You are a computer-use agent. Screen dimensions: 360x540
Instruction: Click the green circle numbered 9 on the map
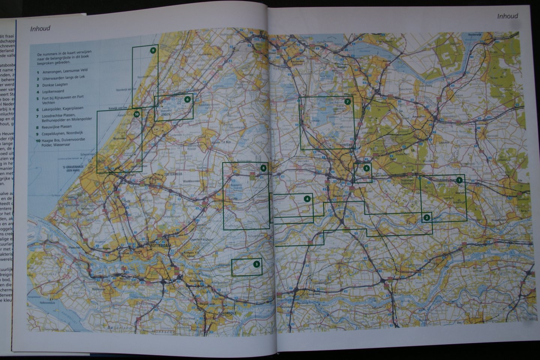click(153, 50)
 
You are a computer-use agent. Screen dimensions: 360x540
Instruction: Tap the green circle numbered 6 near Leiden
click(187, 99)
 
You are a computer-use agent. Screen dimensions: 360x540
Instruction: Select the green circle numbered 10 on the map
click(136, 114)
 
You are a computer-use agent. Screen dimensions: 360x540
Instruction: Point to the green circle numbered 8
click(264, 168)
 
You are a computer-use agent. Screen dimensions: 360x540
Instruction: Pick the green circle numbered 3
click(256, 264)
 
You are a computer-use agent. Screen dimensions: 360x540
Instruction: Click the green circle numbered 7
click(348, 102)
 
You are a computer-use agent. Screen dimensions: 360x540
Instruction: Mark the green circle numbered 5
click(366, 168)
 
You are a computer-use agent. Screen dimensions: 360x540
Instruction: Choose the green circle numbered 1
click(458, 180)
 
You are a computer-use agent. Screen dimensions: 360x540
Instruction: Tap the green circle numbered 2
click(426, 217)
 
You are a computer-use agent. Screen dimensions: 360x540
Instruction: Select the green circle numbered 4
click(307, 199)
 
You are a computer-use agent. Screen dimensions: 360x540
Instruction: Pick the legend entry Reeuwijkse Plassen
click(57, 126)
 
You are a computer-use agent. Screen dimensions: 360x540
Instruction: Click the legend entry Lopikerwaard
click(53, 91)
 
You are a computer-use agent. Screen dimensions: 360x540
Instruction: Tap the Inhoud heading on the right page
click(507, 16)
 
